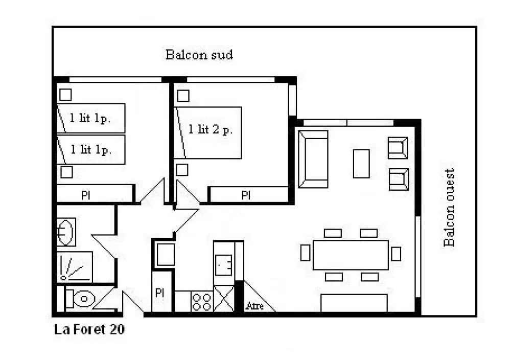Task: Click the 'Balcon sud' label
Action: [199, 54]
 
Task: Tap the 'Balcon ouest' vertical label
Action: [449, 208]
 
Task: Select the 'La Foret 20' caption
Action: [89, 329]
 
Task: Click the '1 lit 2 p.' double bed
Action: [208, 133]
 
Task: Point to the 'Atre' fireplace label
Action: [255, 306]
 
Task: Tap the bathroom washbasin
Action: [66, 232]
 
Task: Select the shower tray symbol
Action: [75, 267]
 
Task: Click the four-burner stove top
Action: [202, 302]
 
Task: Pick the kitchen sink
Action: [224, 265]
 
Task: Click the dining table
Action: [351, 255]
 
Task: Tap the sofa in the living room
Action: [313, 159]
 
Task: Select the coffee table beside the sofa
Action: [361, 164]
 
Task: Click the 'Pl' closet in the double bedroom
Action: [248, 195]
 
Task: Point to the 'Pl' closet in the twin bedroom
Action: [95, 194]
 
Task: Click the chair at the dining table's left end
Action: [306, 253]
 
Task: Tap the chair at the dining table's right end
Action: [396, 254]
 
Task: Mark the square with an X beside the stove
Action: [224, 299]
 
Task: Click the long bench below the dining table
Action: [354, 303]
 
